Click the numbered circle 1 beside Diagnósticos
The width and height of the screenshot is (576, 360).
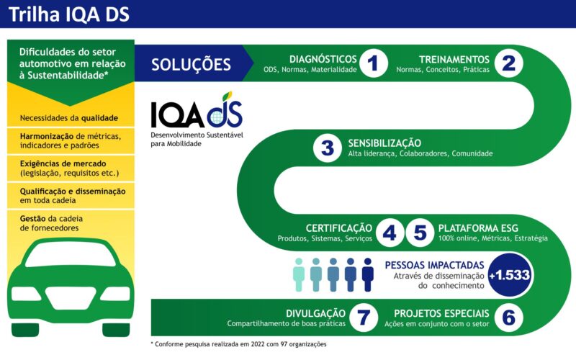tap(372, 64)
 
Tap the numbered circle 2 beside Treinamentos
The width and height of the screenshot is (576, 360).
tap(509, 64)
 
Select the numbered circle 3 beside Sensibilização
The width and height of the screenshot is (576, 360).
tap(328, 148)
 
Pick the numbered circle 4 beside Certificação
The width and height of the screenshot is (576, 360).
tap(390, 233)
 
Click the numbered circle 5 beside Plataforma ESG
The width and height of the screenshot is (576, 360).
tap(420, 233)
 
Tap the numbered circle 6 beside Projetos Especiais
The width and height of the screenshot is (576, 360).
tap(509, 318)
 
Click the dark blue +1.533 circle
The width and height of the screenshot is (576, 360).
tap(510, 275)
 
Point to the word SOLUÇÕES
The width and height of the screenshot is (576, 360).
tap(191, 65)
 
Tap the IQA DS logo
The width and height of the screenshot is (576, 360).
tap(196, 115)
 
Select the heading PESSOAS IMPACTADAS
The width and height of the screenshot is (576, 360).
tap(440, 264)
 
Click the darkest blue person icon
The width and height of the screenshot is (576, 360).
tap(368, 274)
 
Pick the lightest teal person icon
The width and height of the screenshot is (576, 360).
tap(299, 274)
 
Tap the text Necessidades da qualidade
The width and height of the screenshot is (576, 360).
tap(68, 117)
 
